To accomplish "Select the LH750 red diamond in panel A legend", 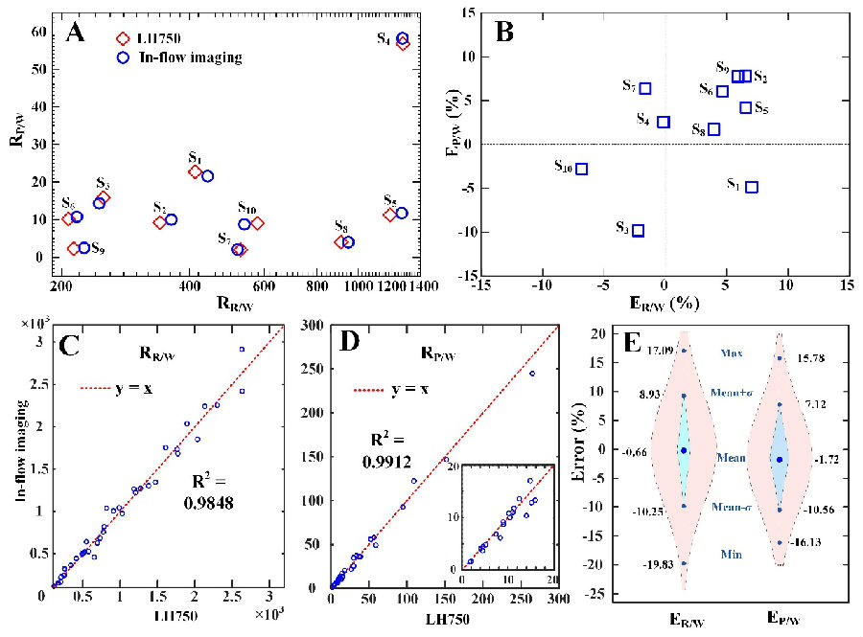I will click(122, 38).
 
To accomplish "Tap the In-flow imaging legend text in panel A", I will click(192, 57).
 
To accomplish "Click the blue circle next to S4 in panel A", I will click(403, 38).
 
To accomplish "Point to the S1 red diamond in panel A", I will click(195, 172).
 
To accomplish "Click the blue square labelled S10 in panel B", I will click(581, 169).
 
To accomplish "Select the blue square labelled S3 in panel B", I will click(638, 231).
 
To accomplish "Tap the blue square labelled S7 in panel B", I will click(645, 89).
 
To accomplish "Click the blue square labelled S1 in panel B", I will click(752, 187).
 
